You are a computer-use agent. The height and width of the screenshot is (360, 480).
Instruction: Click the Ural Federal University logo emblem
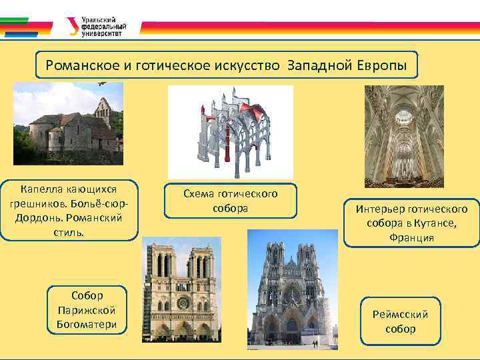tap(73, 26)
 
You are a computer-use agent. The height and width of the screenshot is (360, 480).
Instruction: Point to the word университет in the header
tap(101, 33)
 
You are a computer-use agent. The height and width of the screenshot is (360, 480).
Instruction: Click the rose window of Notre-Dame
tap(183, 303)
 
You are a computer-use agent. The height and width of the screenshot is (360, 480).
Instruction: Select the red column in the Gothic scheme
tap(227, 144)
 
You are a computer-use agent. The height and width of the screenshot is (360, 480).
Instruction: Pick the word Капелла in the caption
tap(42, 189)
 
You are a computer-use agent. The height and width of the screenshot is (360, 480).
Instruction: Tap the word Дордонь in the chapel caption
tap(38, 218)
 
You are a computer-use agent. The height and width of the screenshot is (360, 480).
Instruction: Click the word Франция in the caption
tap(412, 237)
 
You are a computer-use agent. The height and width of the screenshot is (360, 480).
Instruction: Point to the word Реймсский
tap(401, 315)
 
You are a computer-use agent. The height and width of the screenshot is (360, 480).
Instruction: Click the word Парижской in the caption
tap(87, 311)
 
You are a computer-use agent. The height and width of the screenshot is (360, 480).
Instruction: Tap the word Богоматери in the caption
tap(87, 324)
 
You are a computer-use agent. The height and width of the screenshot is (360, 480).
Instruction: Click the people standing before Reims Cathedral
tap(315, 344)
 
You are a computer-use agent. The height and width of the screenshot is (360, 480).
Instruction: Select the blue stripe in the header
tap(21, 35)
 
